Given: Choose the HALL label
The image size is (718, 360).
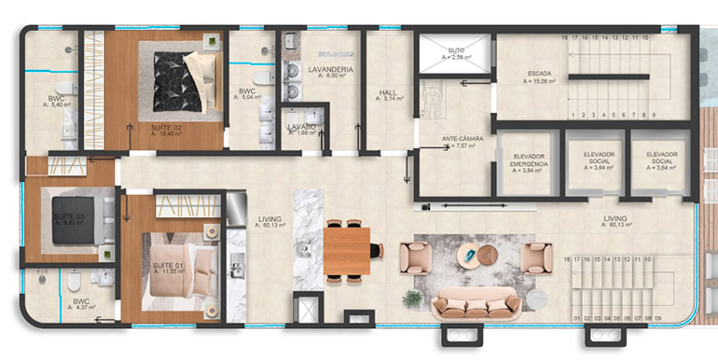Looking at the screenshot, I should tap(389, 92).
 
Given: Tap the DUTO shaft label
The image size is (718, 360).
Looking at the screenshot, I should tap(456, 50).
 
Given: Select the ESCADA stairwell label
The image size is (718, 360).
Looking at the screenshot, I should tap(539, 75).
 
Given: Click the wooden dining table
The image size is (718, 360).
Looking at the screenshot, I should tap(348, 250).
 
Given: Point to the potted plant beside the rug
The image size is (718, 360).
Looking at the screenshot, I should tap(412, 298).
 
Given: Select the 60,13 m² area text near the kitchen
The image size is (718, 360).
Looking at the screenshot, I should tap(271, 225).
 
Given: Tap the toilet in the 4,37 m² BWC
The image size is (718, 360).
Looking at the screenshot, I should tap(73, 281).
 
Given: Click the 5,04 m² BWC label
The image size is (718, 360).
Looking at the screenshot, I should tap(247, 95).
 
